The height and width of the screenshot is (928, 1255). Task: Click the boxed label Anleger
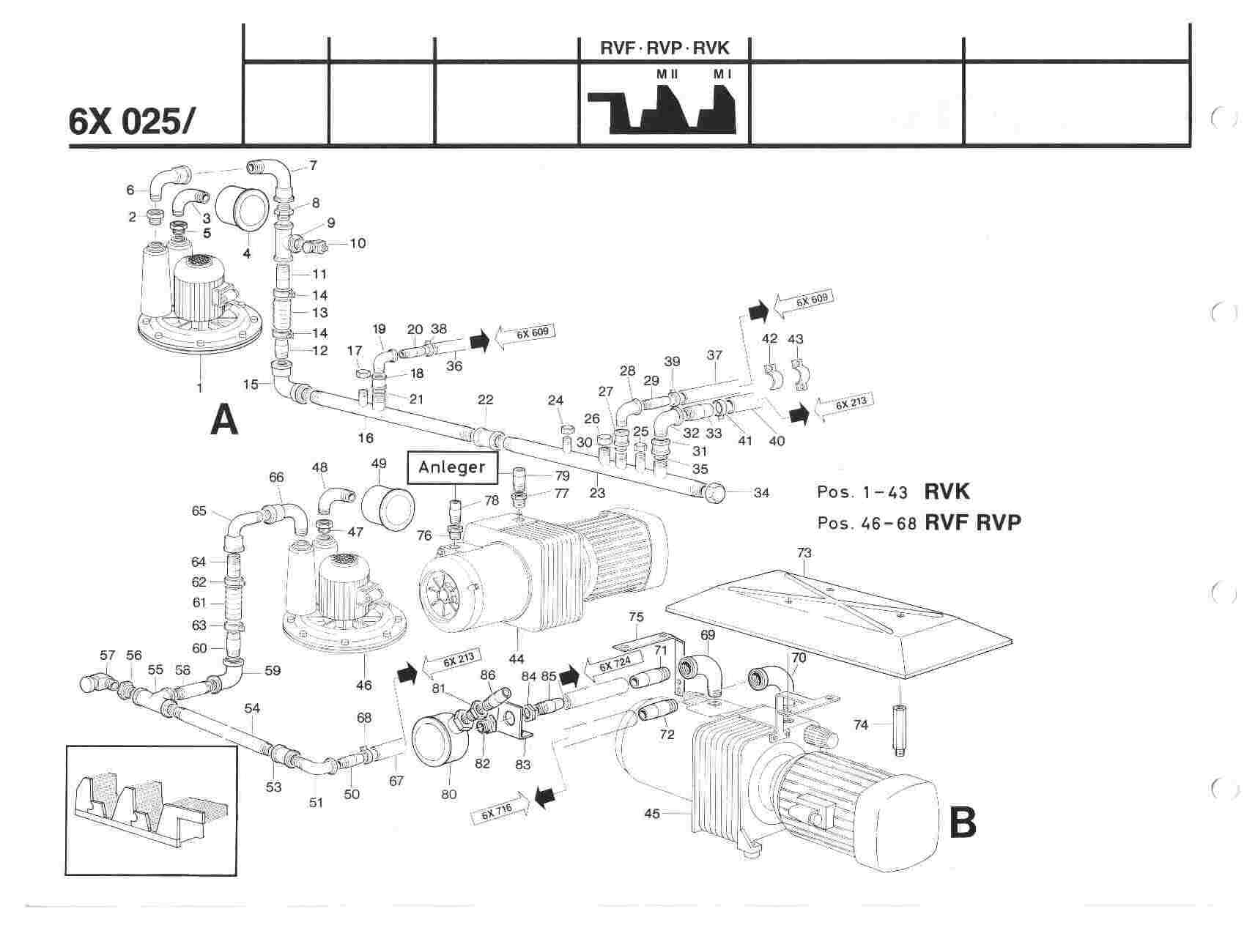[x=452, y=467]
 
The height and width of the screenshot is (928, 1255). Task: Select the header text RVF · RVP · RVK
[x=664, y=49]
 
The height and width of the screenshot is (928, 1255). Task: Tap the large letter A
[x=224, y=421]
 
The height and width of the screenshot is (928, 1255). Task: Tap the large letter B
[x=962, y=822]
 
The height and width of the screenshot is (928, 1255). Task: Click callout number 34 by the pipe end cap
[x=761, y=493]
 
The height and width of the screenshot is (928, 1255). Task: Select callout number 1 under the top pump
[x=199, y=387]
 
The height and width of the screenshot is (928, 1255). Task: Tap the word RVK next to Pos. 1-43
[x=947, y=491]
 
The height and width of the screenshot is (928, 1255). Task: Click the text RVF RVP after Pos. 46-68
[x=973, y=523]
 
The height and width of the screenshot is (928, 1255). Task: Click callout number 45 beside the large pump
[x=653, y=813]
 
